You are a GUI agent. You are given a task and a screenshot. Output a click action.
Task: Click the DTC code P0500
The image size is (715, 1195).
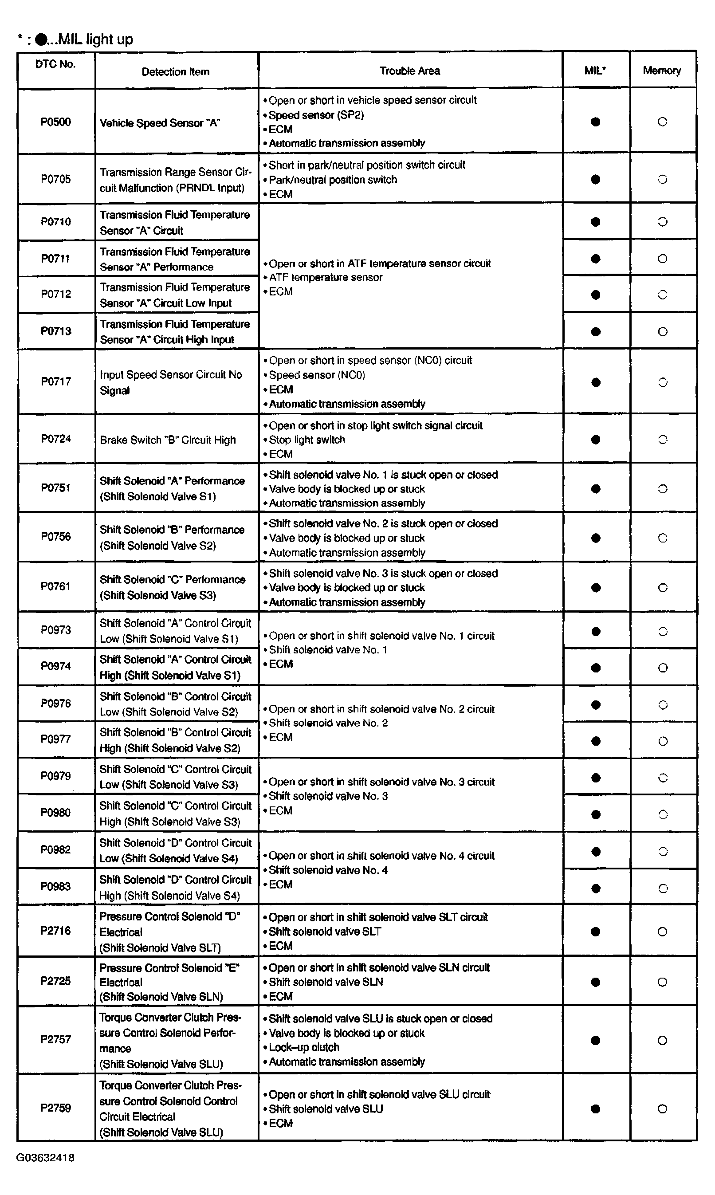click(x=55, y=122)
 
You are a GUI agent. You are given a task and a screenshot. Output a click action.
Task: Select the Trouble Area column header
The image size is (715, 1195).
click(x=409, y=71)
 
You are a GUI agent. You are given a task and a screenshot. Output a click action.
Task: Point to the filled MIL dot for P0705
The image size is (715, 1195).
click(x=596, y=179)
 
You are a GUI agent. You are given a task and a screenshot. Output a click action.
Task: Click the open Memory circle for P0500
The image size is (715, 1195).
click(x=663, y=122)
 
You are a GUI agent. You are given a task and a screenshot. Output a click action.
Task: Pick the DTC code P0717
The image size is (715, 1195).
click(x=56, y=381)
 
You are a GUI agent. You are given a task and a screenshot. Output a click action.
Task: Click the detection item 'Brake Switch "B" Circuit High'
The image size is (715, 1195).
click(x=168, y=440)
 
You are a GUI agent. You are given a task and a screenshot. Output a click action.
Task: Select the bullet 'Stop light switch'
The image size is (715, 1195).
click(x=306, y=440)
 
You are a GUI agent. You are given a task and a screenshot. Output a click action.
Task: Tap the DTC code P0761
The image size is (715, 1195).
click(x=55, y=586)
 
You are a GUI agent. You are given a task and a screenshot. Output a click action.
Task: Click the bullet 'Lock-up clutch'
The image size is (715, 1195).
click(x=303, y=1047)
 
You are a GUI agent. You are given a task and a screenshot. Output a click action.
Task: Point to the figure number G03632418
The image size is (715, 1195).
click(x=45, y=1158)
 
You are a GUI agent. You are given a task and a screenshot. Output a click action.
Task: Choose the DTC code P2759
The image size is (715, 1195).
click(x=55, y=1108)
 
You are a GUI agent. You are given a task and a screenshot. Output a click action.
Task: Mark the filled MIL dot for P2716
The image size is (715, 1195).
click(x=596, y=932)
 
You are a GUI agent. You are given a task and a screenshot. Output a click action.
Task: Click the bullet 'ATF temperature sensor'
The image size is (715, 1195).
click(x=325, y=278)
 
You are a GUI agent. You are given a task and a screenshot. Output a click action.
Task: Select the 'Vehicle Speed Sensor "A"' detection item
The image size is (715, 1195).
click(x=160, y=123)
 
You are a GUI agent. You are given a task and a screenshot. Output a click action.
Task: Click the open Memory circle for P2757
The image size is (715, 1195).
click(x=663, y=1040)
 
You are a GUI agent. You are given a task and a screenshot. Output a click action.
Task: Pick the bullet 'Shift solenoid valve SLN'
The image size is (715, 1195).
click(x=326, y=982)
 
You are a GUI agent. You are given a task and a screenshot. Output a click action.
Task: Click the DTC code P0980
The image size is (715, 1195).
click(x=55, y=813)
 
